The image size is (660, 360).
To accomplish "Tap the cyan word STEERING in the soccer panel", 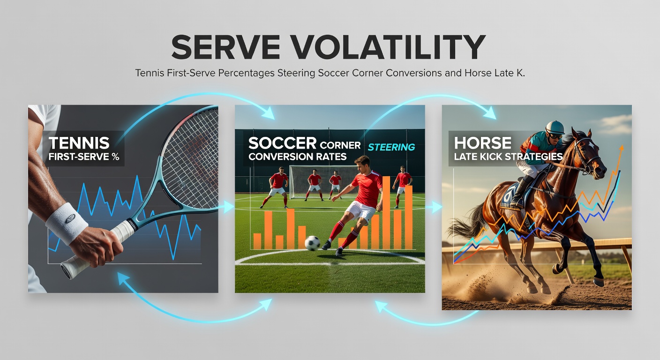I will (391, 147).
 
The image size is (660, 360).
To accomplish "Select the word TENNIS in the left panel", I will (79, 143).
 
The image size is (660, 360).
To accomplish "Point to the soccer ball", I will (312, 243).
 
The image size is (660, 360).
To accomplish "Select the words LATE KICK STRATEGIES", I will (508, 157).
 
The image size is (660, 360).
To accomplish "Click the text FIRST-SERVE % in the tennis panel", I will (84, 157).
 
